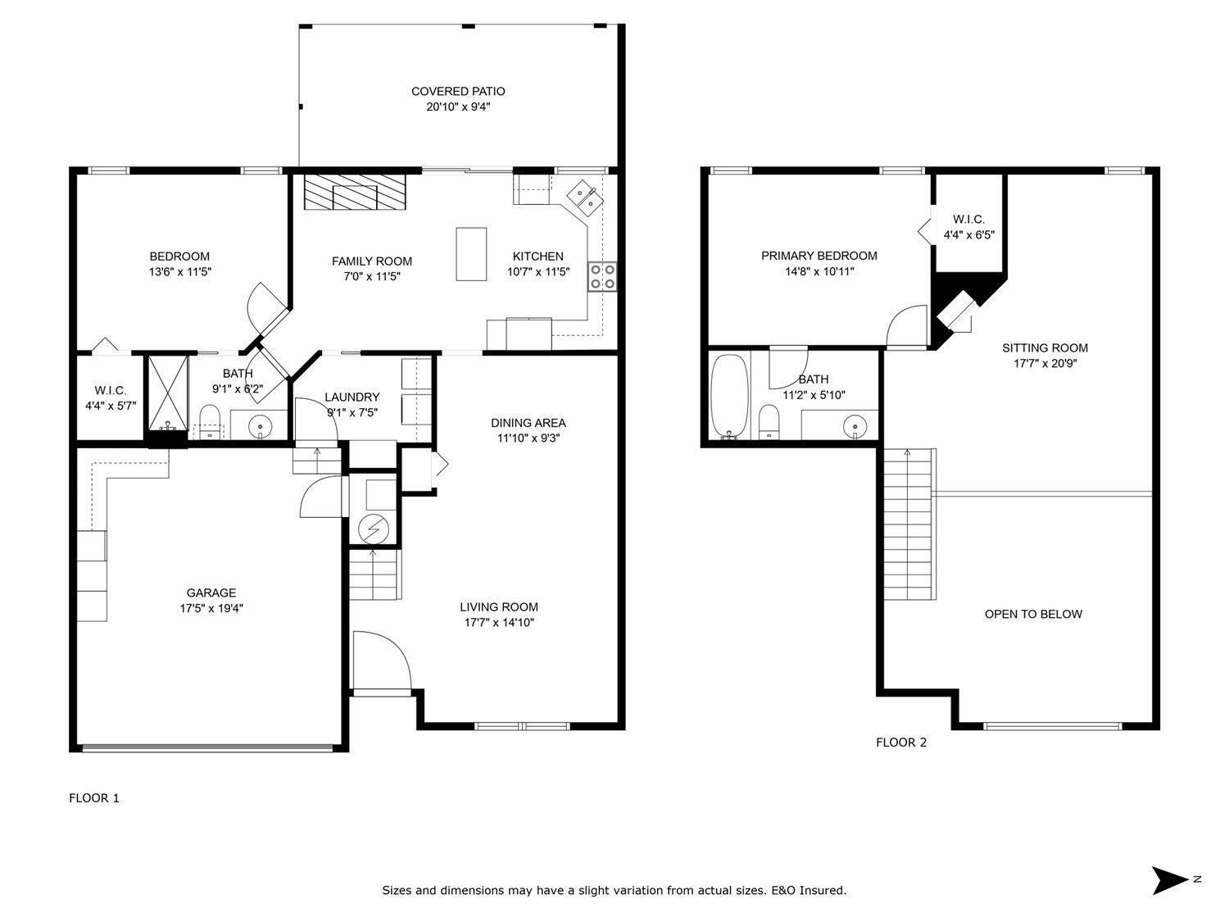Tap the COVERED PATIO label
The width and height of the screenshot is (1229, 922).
point(458,91)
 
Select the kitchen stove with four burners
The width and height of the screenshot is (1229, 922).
point(602,276)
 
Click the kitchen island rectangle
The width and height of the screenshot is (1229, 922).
point(471,253)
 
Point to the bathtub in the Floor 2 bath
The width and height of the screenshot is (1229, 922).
point(729,396)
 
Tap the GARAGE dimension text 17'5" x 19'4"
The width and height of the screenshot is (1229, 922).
point(211,608)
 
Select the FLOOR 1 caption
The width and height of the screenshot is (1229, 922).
point(94,797)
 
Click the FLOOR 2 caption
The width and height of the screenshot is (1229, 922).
point(901,743)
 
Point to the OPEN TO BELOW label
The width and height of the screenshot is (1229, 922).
point(1033,614)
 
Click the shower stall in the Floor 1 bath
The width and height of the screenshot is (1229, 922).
point(167,393)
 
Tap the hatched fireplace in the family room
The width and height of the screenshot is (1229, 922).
point(355,192)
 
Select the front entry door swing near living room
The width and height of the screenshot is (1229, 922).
point(381,661)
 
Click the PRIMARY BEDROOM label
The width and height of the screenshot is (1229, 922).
point(819,256)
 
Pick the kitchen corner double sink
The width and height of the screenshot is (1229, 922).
point(584,198)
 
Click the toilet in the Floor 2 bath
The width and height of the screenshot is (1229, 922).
point(769,422)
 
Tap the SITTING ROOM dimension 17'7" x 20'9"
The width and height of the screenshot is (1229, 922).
point(1045,363)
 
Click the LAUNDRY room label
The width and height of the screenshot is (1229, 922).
point(352,397)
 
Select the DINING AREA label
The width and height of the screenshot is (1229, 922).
point(528,423)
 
